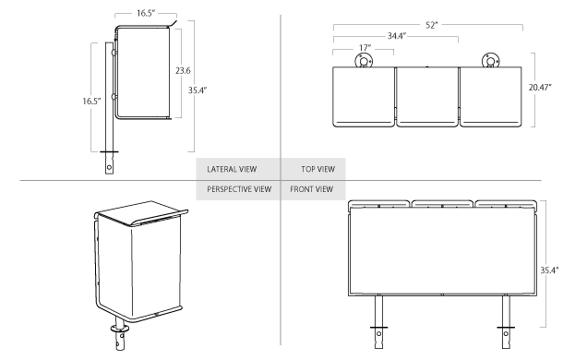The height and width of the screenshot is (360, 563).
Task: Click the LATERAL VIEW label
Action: (231, 170)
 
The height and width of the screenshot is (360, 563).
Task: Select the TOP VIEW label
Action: (317, 170)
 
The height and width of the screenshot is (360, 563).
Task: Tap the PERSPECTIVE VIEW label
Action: (238, 189)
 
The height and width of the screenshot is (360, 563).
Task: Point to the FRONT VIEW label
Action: (311, 189)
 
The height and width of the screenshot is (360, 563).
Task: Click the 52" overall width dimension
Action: (432, 25)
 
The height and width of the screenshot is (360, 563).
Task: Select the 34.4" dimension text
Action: (398, 36)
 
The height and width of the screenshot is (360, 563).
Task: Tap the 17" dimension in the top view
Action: (364, 47)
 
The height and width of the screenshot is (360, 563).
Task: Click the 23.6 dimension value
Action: (183, 71)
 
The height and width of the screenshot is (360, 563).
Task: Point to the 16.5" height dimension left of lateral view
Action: (91, 102)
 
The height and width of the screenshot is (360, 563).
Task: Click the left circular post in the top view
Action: (364, 62)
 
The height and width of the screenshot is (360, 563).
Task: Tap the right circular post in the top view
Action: (491, 62)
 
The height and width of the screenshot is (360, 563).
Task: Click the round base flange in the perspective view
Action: (120, 328)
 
